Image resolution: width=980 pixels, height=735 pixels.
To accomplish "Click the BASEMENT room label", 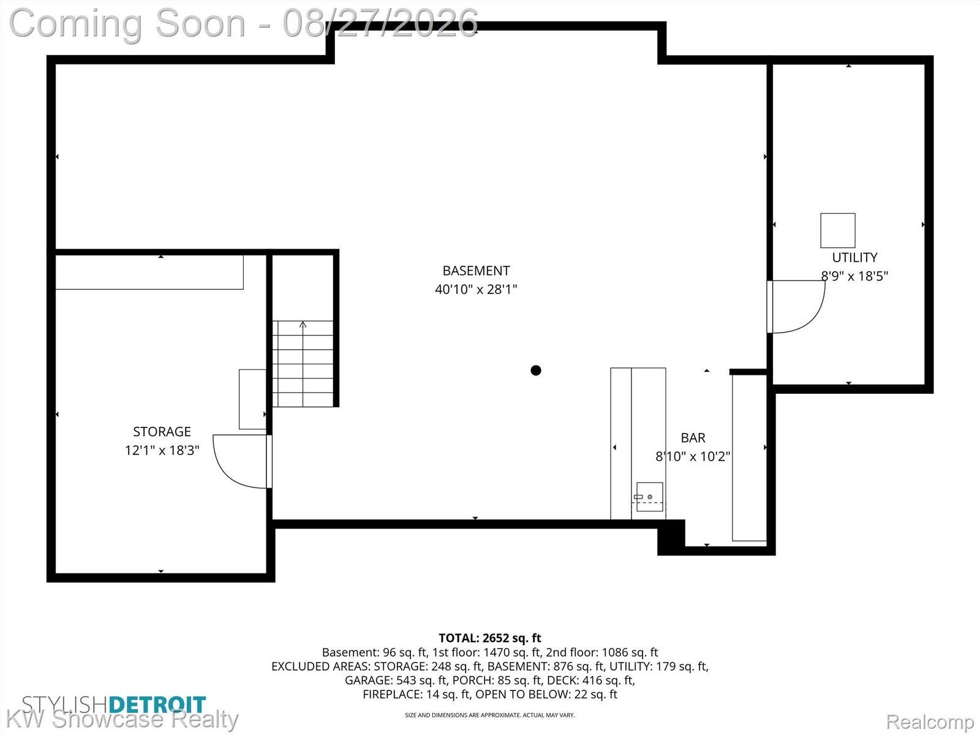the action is pos(476,271).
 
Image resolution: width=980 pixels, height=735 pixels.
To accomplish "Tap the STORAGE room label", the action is pos(162,432).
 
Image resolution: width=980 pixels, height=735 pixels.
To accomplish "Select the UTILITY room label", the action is pos(854,257).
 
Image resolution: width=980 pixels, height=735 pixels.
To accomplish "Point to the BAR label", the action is pos(693,438).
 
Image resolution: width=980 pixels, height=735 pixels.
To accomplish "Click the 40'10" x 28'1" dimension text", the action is pos(476,290).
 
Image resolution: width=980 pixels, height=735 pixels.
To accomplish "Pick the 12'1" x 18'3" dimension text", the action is pos(162,450).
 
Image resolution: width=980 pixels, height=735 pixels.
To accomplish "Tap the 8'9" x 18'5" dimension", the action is pos(854,276).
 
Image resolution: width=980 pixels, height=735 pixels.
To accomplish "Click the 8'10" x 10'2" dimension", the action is pos(693,456).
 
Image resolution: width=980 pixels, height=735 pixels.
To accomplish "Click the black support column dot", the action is pos(536,370).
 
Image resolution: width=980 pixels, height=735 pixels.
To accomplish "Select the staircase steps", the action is pos(303,364).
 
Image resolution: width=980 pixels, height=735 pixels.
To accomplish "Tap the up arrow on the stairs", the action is pos(303,325).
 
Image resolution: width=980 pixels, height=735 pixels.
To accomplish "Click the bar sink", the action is pos(650,497).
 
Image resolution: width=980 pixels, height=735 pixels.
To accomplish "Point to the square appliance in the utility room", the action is pos(837,231).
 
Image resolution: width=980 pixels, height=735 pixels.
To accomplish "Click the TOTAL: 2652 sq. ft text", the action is pos(490,638).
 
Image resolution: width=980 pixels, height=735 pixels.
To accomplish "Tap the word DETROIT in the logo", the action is pos(157,705).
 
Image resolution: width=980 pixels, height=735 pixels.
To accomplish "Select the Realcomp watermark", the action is pos(930,721).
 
